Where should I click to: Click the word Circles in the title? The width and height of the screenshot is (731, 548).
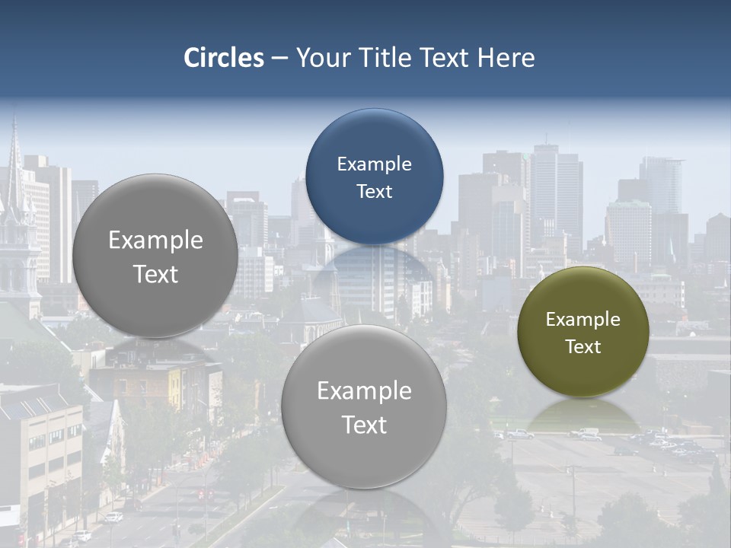pos(224,58)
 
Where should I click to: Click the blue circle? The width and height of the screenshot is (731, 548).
pos(374,176)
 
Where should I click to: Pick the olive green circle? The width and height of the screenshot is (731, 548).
pos(583,332)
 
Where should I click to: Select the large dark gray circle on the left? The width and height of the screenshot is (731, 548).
pos(155,256)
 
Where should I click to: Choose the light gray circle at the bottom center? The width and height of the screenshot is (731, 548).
pos(364,406)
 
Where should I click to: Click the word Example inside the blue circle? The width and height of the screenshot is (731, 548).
pos(374,164)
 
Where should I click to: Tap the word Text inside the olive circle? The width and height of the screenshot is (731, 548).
pos(583,347)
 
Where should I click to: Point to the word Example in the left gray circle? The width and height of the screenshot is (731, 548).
pos(155,241)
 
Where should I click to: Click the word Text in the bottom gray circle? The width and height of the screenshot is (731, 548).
pos(364,425)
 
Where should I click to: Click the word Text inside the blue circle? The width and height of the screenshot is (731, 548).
pos(374,191)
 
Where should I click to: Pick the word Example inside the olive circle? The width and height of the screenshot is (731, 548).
pos(583,320)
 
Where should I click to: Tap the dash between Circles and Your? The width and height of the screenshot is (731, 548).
pos(279,59)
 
